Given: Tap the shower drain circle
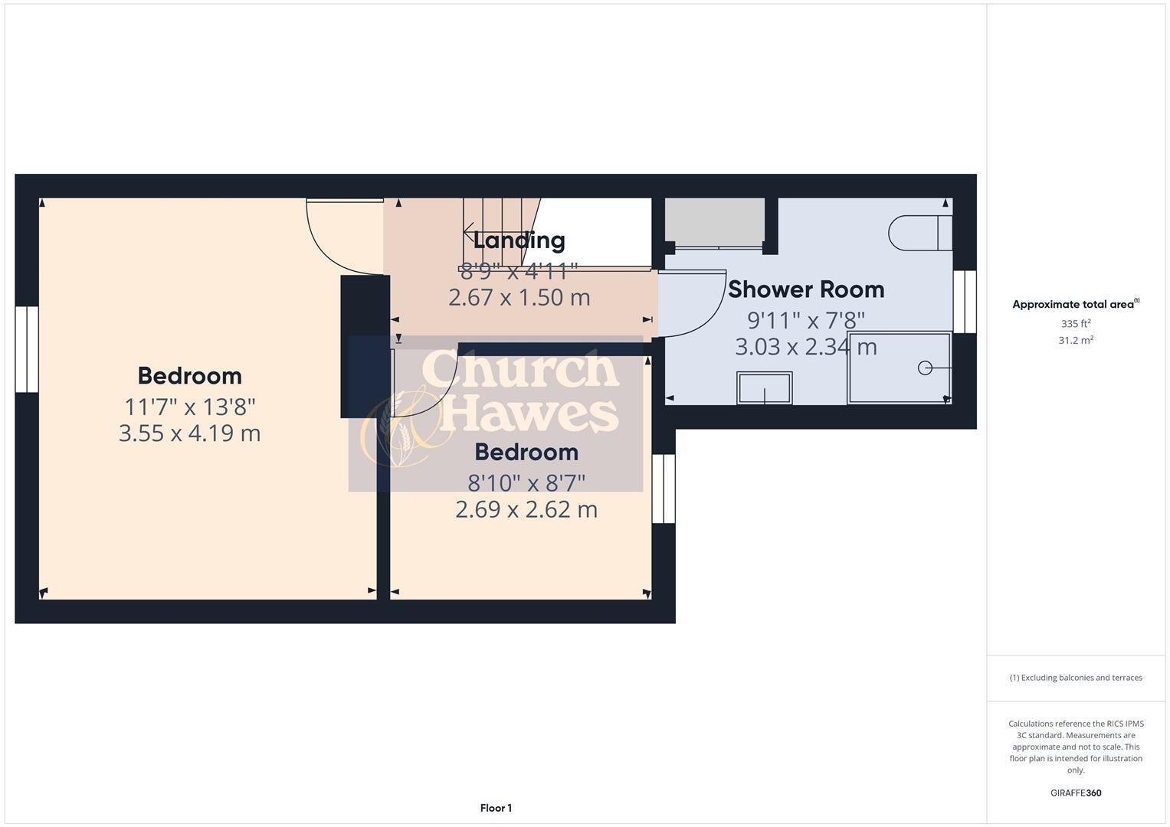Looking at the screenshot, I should pos(925,368).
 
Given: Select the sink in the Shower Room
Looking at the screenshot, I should pos(764,388).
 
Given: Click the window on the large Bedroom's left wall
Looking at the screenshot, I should pos(27,350).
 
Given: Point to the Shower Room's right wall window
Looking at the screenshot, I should pos(965,302).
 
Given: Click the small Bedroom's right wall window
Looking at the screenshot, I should pos(664,489).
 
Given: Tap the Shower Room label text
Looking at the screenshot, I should pos(805,289).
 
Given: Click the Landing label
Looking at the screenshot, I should pos(519,240).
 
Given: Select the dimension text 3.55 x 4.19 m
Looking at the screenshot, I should pos(189,433).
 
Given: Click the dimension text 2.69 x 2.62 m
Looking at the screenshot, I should pos(526,509).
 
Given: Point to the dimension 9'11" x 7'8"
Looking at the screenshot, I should pos(805,319).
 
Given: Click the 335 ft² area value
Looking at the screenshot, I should pos(1076,324).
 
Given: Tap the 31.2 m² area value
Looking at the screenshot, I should pos(1076,341).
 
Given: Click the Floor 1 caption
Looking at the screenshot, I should pos(496,808).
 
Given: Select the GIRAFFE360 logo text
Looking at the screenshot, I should pos(1076,793).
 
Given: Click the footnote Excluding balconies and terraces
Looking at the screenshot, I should pos(1076,678).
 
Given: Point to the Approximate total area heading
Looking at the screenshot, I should pos(1075,304).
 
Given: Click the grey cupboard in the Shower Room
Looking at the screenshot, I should pos(714,222).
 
